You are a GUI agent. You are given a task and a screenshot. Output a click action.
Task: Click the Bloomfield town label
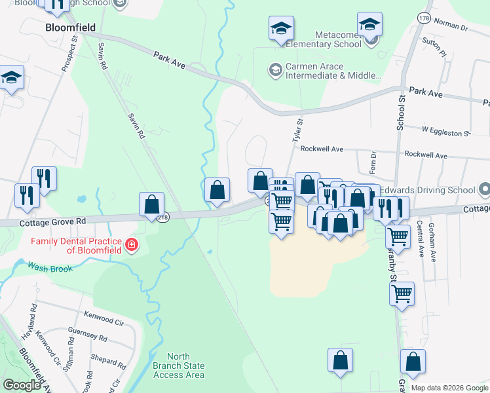[x=71, y=28]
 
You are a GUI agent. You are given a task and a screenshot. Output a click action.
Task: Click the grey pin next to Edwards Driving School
[x=483, y=190]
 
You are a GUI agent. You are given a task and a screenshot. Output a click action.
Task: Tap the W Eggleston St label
[x=446, y=132]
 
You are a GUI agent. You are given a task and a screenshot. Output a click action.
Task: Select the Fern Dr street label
[x=373, y=162]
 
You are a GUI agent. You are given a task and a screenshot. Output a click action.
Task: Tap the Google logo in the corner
[x=22, y=384]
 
